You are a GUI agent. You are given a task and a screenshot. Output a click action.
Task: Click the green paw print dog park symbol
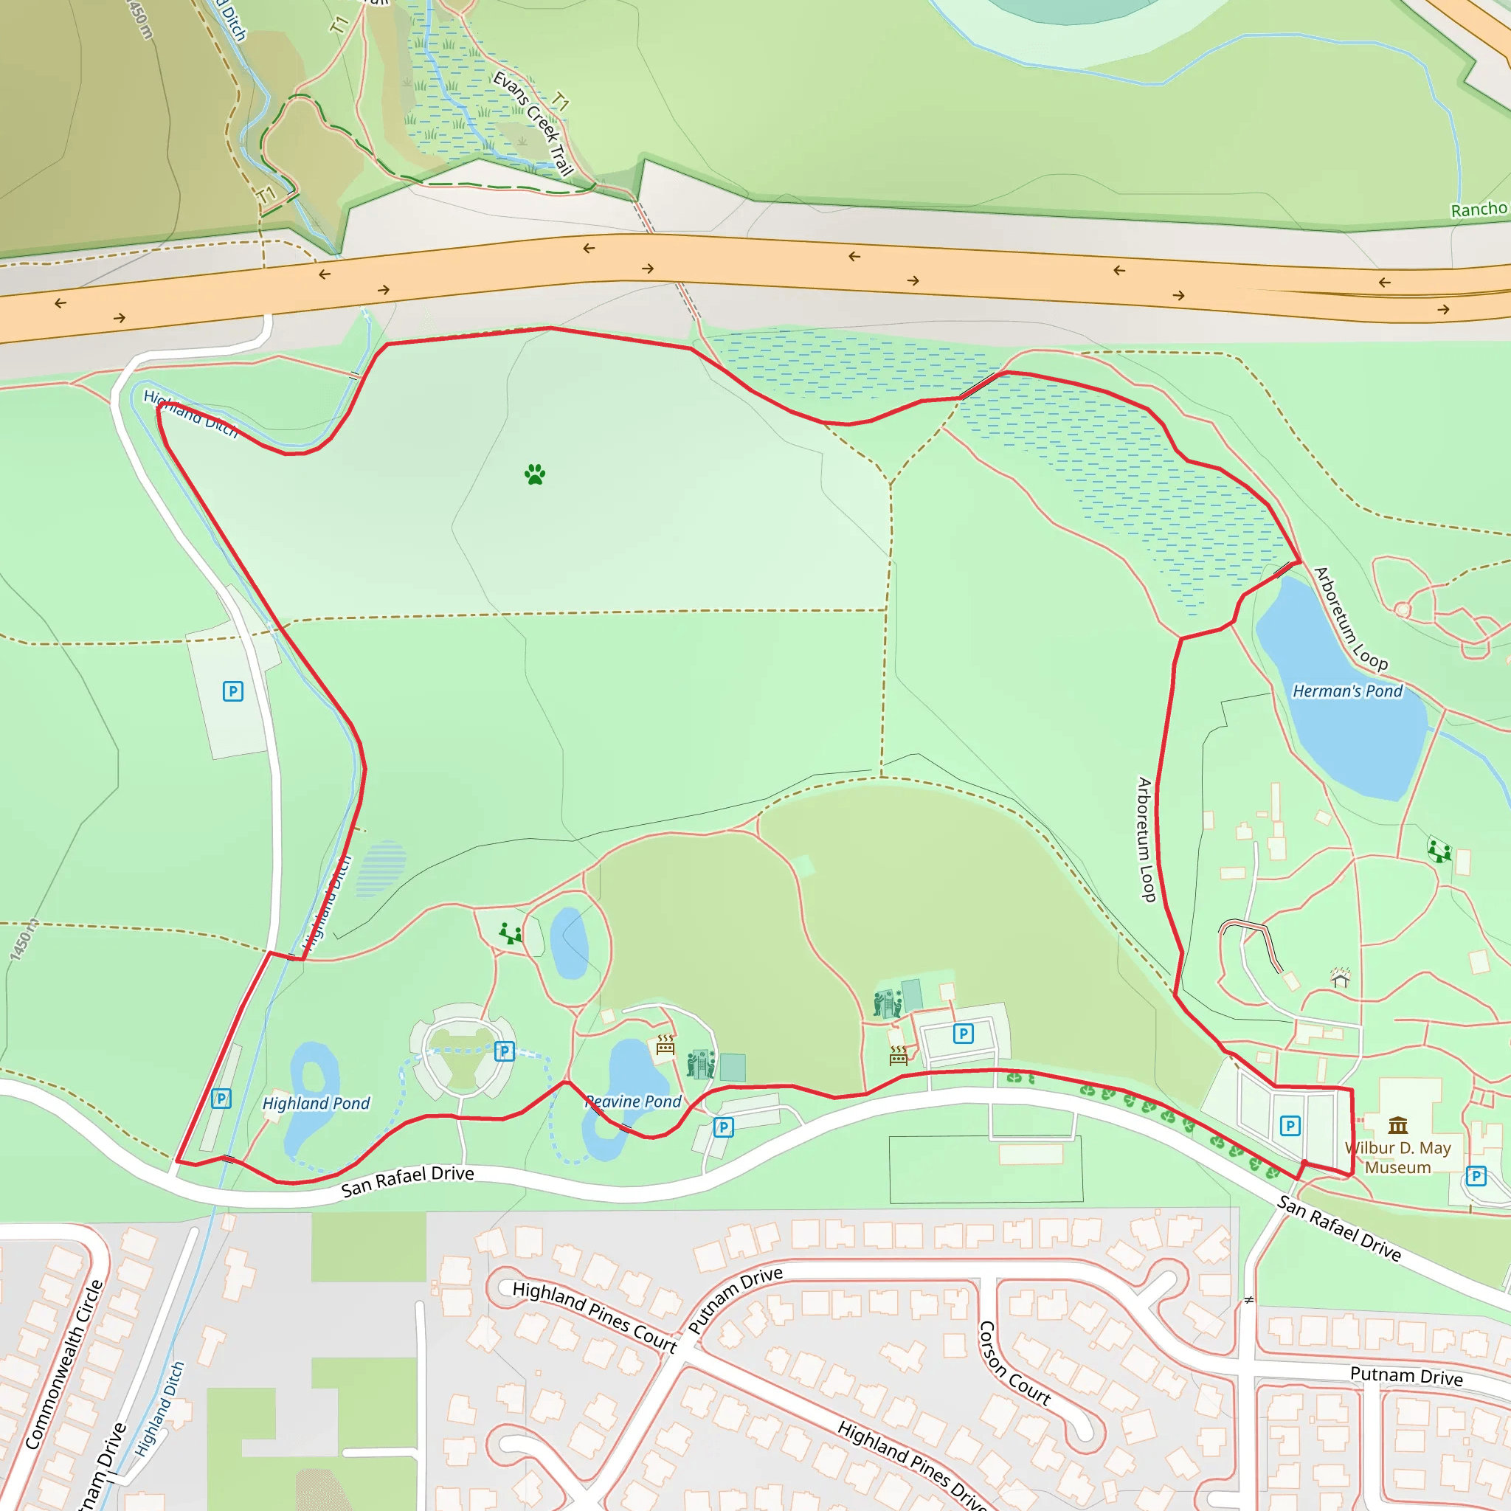(535, 474)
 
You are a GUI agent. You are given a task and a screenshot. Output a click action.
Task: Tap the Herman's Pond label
(1346, 691)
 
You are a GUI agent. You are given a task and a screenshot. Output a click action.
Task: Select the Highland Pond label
(316, 1104)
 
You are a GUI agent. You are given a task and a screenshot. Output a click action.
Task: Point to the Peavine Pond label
(635, 1102)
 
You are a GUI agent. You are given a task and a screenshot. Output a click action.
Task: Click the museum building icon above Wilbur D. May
(1397, 1125)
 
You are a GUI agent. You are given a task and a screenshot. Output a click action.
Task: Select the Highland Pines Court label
(595, 1317)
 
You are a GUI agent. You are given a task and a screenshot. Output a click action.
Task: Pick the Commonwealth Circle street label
(64, 1365)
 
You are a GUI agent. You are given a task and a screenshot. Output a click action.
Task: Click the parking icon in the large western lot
(233, 691)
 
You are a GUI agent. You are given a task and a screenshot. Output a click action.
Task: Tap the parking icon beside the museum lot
(1290, 1125)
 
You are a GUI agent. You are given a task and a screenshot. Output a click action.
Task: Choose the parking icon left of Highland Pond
(221, 1099)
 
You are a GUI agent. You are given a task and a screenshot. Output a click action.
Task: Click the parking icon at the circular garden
(505, 1051)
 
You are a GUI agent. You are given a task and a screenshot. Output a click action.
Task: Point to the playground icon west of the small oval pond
(511, 933)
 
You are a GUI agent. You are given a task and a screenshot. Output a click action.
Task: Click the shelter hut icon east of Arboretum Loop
(1341, 978)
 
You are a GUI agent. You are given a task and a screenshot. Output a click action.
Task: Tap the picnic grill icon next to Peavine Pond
(665, 1045)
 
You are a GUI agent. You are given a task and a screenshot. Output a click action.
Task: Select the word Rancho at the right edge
(1478, 210)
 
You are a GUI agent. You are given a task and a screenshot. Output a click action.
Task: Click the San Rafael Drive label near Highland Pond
(407, 1181)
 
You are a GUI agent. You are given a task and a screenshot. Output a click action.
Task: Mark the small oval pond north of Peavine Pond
(570, 942)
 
